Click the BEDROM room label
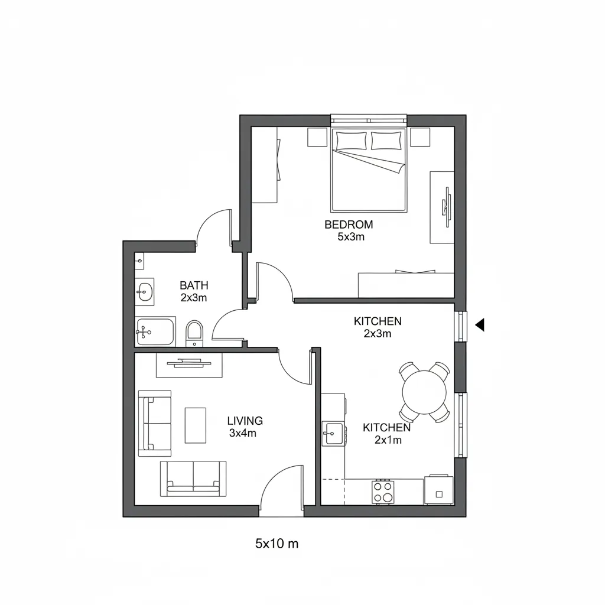point(349,225)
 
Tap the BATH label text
point(194,286)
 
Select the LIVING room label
point(245,421)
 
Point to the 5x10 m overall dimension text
point(277,544)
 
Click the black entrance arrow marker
point(480,324)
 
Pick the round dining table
point(424,392)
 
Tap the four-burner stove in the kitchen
point(383,491)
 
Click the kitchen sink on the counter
point(332,434)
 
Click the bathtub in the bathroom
point(155,333)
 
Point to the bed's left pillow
point(351,141)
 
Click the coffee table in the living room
point(196,425)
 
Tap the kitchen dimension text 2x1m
point(388,440)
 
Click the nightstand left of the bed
point(317,137)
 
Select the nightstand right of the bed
point(420,137)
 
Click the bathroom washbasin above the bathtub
point(144,291)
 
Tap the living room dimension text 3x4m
point(243,433)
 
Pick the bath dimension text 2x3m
point(194,298)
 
